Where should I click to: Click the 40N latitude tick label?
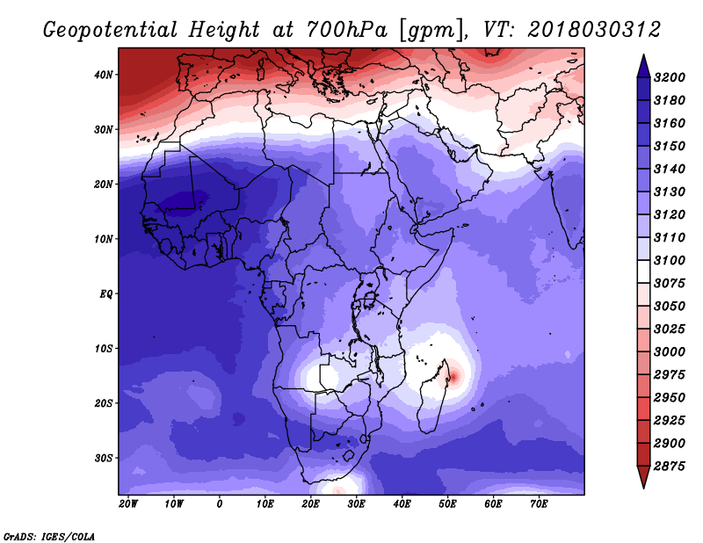click(x=104, y=75)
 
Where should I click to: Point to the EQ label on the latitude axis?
click(x=105, y=294)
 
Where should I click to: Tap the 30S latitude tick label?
click(x=104, y=459)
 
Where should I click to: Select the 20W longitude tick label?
click(x=128, y=504)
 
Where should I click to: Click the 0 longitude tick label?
click(x=219, y=504)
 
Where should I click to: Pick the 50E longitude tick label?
click(x=447, y=504)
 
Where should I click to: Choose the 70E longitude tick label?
click(x=539, y=504)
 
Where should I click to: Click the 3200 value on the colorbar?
click(x=670, y=77)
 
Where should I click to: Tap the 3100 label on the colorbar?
click(x=670, y=260)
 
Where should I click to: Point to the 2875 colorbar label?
click(x=670, y=467)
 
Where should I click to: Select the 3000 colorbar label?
click(x=670, y=352)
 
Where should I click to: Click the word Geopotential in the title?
click(x=111, y=31)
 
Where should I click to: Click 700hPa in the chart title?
click(x=347, y=30)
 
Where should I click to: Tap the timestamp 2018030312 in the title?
click(x=594, y=30)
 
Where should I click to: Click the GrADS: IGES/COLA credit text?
click(x=49, y=537)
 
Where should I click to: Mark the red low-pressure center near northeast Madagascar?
click(x=453, y=376)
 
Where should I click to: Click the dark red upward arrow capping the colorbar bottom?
click(x=643, y=477)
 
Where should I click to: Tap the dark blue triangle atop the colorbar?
click(x=643, y=66)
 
